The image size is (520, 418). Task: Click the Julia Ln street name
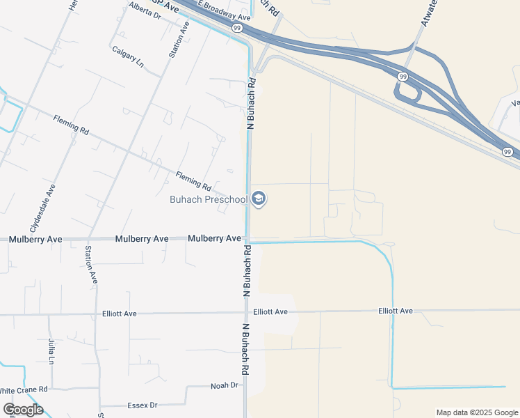click(51, 351)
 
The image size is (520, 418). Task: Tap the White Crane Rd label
click(24, 389)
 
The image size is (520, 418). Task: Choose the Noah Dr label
click(225, 385)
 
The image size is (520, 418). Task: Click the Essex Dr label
click(143, 405)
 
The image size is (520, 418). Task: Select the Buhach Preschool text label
click(209, 200)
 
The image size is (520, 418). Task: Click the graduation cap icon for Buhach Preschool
click(259, 199)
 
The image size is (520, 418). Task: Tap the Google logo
click(23, 410)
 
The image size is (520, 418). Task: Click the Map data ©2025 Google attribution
click(476, 412)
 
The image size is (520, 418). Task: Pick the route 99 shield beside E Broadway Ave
click(237, 28)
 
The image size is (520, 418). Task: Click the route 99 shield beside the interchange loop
click(403, 75)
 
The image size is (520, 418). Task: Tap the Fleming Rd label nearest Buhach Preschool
click(193, 182)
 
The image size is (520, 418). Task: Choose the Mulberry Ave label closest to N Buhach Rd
click(214, 238)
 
